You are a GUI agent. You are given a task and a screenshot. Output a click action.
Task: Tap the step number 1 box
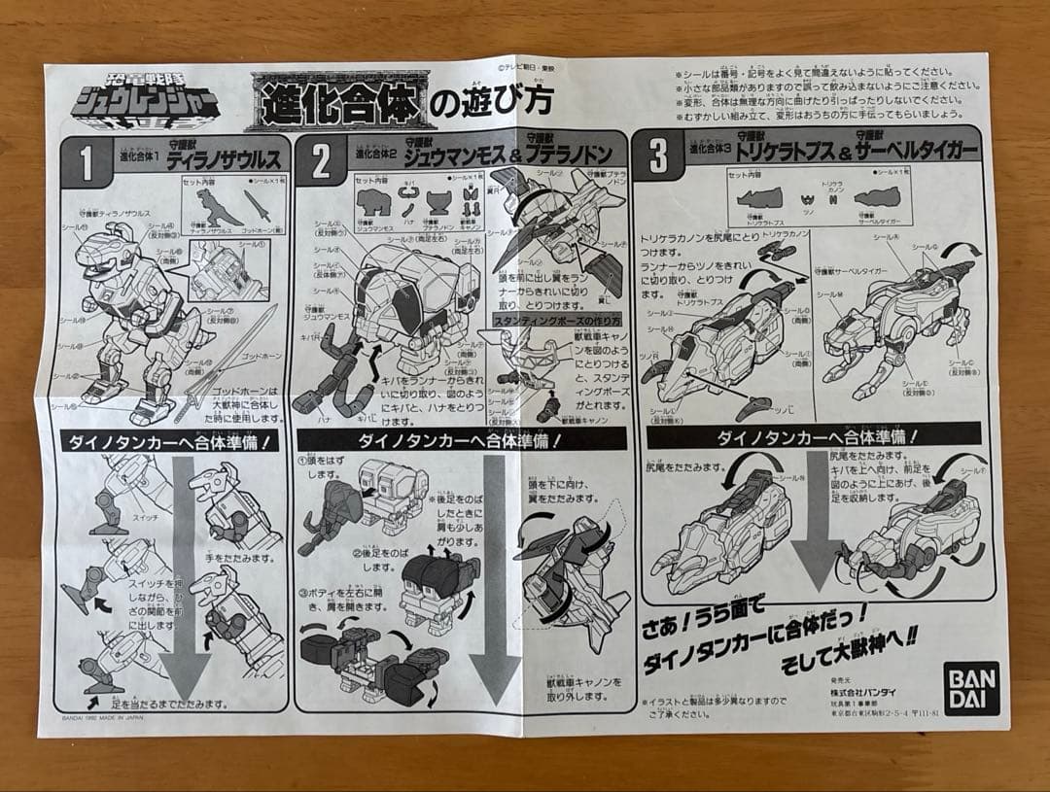[x=86, y=160]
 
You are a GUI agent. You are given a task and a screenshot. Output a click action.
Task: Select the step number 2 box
[x=322, y=160]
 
